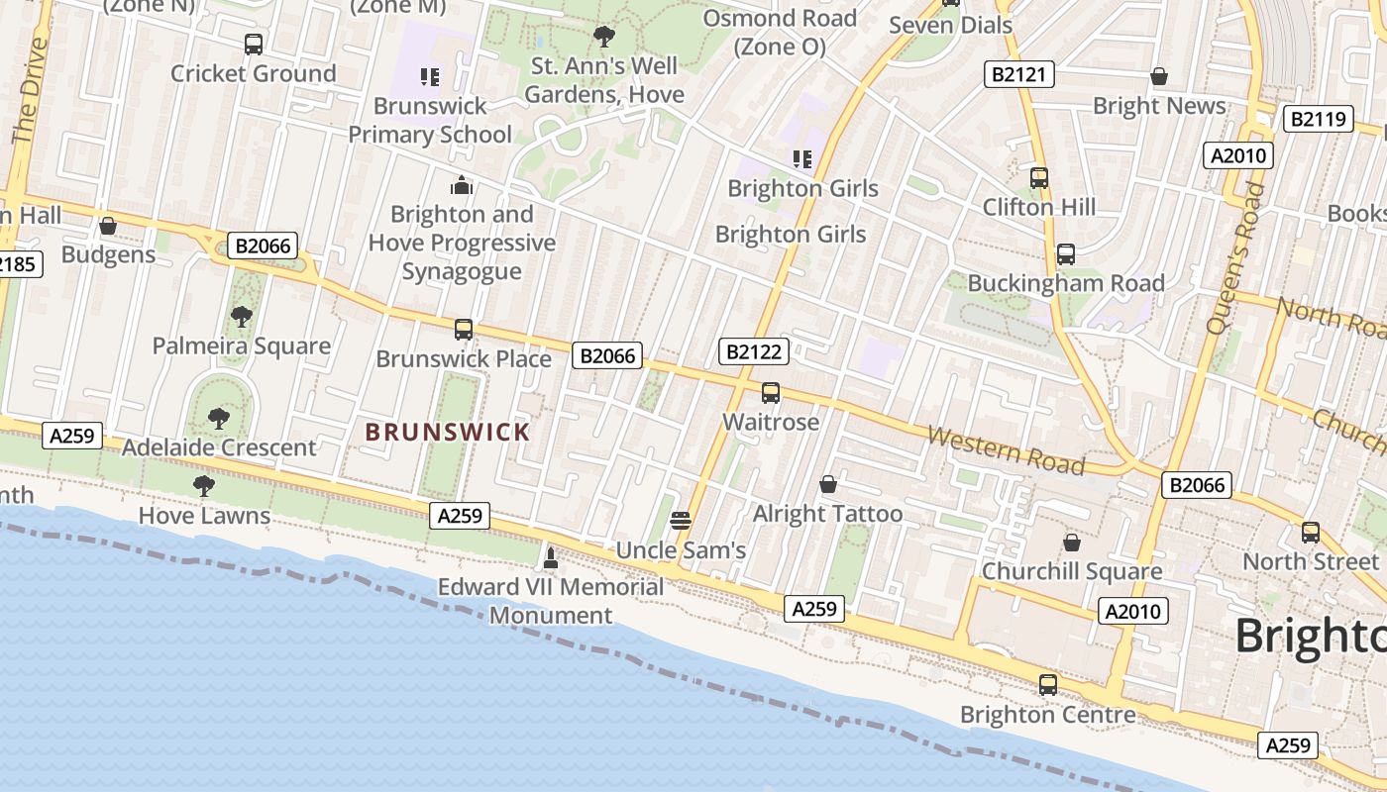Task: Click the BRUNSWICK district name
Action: pos(448,432)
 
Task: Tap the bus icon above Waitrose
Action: pos(771,393)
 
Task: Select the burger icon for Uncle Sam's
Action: pos(680,520)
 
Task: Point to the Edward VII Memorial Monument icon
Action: pos(551,558)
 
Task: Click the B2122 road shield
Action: pos(755,351)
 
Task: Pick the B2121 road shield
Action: pos(1018,74)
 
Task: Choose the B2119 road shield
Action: pos(1319,120)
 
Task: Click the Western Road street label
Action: pos(1006,450)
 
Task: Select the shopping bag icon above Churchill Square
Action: pos(1071,543)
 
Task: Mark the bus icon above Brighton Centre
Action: pos(1047,684)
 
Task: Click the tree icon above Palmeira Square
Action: pos(241,317)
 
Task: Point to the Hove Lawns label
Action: pos(204,515)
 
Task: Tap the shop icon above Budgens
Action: pos(108,227)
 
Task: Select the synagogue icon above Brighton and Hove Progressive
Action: pos(462,185)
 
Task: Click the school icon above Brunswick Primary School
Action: pos(429,76)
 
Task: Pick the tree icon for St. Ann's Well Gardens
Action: pos(603,38)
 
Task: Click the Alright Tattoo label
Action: pos(827,513)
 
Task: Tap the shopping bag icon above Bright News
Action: pos(1158,76)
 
